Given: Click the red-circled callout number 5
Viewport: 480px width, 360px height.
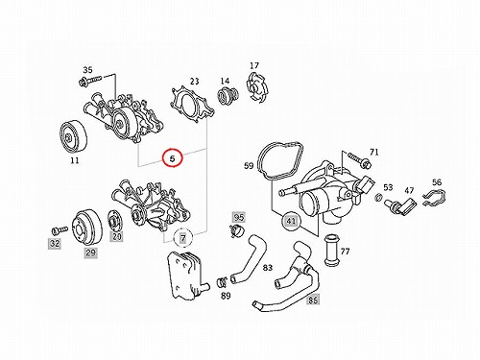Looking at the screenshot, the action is pyautogui.click(x=173, y=157).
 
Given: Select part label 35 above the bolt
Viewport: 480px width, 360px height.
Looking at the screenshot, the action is pyautogui.click(x=87, y=70).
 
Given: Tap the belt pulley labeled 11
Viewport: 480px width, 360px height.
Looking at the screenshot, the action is pyautogui.click(x=74, y=136).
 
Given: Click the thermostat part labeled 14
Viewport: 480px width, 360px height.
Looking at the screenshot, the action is pyautogui.click(x=228, y=95).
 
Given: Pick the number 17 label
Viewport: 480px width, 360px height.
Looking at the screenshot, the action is pyautogui.click(x=254, y=65).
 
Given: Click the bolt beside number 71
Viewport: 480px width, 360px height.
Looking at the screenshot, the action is pyautogui.click(x=359, y=159).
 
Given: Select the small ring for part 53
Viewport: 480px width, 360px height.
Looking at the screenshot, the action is pyautogui.click(x=378, y=198).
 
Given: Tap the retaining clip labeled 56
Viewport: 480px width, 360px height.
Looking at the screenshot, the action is pyautogui.click(x=434, y=197).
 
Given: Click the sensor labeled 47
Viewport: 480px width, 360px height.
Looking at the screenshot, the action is pyautogui.click(x=400, y=205).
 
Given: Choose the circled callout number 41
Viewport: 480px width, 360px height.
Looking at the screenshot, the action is pyautogui.click(x=291, y=221).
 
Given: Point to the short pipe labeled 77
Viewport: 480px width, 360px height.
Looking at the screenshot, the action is pyautogui.click(x=331, y=251).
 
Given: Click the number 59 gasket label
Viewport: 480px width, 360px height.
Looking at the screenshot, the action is pyautogui.click(x=249, y=166).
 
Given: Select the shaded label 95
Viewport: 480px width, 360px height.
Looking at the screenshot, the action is pyautogui.click(x=238, y=218).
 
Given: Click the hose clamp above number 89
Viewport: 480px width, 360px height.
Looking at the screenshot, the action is pyautogui.click(x=223, y=282).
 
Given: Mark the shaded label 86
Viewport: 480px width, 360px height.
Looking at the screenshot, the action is pyautogui.click(x=313, y=300).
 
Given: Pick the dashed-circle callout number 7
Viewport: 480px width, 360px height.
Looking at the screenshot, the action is pyautogui.click(x=182, y=238).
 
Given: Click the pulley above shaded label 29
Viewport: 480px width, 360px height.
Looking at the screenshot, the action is pyautogui.click(x=85, y=228).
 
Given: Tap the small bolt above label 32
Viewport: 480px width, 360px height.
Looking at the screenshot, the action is pyautogui.click(x=60, y=229).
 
